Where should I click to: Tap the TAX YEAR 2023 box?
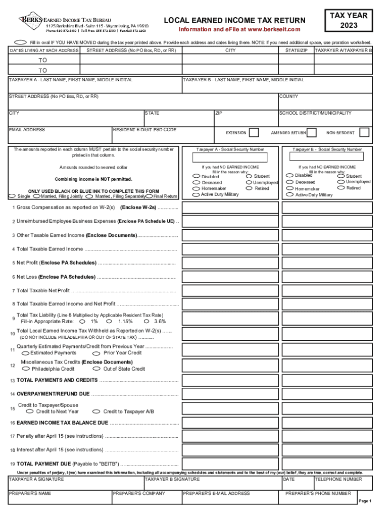(349, 20)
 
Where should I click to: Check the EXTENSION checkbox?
(255, 133)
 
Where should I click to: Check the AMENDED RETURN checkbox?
(312, 133)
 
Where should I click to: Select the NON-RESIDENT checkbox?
(364, 133)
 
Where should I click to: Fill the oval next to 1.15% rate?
(109, 321)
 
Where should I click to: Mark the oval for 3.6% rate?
(146, 321)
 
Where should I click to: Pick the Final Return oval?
(149, 196)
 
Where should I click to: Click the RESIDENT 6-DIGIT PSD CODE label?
(145, 130)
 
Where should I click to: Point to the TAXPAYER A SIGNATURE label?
(36, 479)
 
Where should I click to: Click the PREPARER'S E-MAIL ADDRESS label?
(216, 493)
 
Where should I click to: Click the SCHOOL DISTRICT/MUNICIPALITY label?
(315, 113)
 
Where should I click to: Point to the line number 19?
(12, 463)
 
